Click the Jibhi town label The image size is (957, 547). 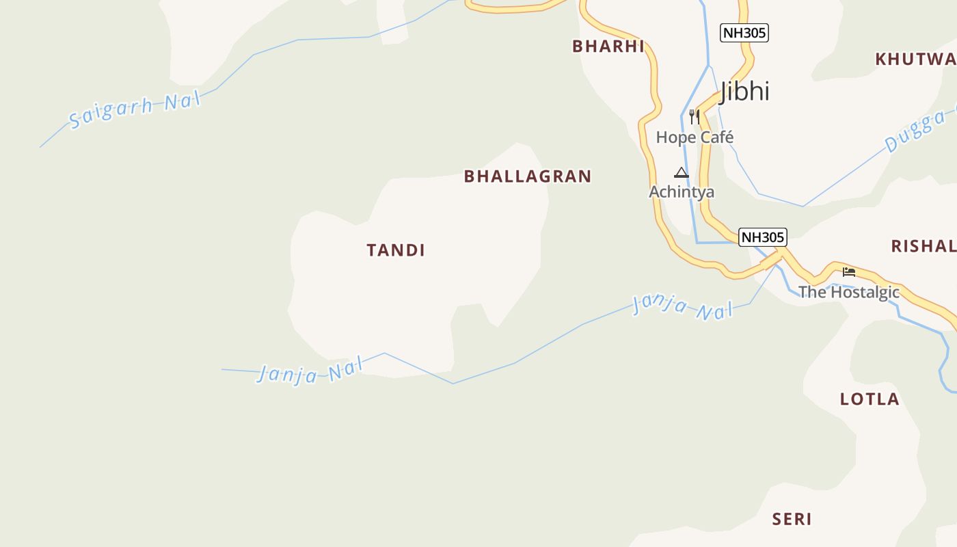744,91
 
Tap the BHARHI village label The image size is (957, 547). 608,46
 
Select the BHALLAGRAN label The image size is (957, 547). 528,176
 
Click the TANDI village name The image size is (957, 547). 396,250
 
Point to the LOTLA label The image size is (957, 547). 870,399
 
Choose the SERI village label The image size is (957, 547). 792,520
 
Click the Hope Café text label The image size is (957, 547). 695,137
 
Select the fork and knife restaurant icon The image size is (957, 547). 694,116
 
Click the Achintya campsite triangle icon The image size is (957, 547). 682,172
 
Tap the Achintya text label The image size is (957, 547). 682,192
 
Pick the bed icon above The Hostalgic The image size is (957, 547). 849,272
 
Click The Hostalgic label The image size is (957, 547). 849,293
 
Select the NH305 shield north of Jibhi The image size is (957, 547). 744,32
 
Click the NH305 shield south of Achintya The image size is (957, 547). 763,237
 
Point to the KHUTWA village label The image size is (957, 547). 916,59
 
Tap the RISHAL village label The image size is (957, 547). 924,246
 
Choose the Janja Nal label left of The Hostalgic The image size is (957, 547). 682,307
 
